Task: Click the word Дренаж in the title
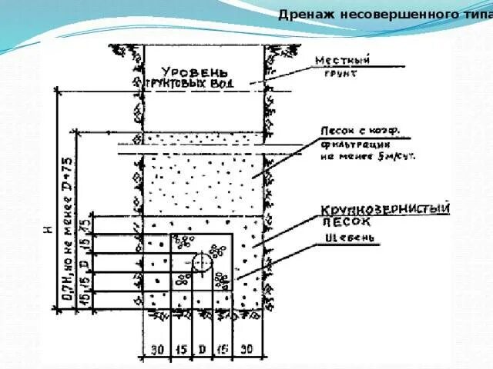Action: (x=302, y=14)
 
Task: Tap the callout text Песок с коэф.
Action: (x=353, y=130)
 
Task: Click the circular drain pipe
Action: (x=202, y=263)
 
